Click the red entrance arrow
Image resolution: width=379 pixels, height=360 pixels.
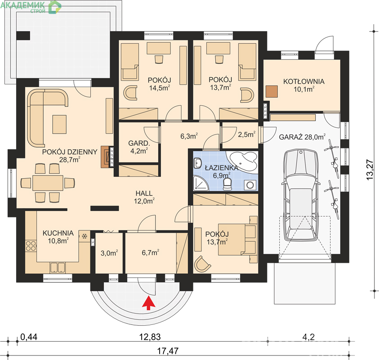click(x=148, y=304)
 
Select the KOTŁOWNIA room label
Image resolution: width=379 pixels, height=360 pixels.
click(x=304, y=81)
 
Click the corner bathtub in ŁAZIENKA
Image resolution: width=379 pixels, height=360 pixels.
click(x=243, y=162)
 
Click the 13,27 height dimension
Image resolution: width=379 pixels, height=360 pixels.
click(x=370, y=169)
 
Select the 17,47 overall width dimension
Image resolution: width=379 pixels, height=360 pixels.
click(x=168, y=351)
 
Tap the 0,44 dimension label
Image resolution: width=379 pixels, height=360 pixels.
click(x=29, y=337)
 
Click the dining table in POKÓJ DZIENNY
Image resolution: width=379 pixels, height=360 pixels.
click(x=48, y=183)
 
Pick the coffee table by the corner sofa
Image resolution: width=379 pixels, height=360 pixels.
click(x=59, y=124)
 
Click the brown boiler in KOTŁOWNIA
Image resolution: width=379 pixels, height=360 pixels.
click(x=272, y=91)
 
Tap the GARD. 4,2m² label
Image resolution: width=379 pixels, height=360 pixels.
click(x=139, y=147)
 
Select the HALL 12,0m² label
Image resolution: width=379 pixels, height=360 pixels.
click(x=144, y=197)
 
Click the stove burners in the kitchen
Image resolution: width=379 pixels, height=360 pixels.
click(x=31, y=246)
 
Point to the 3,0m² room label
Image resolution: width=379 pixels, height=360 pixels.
click(x=109, y=253)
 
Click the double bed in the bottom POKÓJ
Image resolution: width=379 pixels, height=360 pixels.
click(x=237, y=239)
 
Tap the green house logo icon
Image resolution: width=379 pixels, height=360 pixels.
click(x=55, y=7)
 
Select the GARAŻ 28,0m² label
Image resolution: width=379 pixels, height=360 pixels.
click(x=302, y=137)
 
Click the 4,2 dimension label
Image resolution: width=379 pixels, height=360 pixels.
click(x=308, y=337)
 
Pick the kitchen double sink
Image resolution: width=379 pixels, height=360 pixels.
click(x=57, y=268)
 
